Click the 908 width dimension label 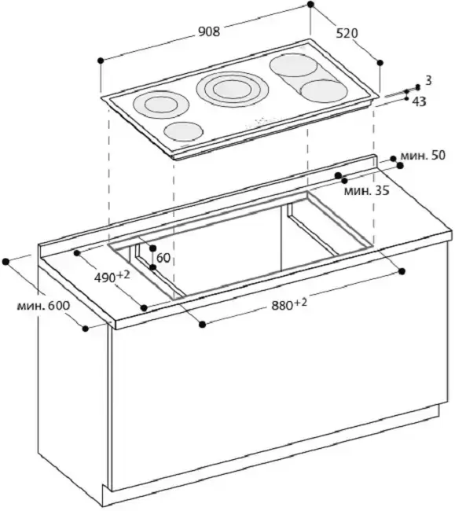click(x=209, y=31)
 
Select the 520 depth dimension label click(x=347, y=33)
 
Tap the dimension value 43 click(x=419, y=102)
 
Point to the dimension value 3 click(x=428, y=80)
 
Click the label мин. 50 click(x=423, y=156)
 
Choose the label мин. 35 click(x=367, y=191)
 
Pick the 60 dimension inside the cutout click(x=163, y=258)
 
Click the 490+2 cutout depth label click(x=112, y=277)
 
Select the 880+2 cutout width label click(x=289, y=305)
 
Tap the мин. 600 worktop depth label click(x=44, y=306)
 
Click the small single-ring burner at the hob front click(x=184, y=131)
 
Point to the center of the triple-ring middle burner click(x=233, y=88)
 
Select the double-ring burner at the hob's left click(x=161, y=105)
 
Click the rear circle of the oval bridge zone click(x=294, y=65)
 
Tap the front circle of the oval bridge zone click(x=324, y=90)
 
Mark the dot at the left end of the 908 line click(x=101, y=61)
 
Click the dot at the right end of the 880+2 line click(x=402, y=271)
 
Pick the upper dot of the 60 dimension click(x=152, y=248)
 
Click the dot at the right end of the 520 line click(x=380, y=63)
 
